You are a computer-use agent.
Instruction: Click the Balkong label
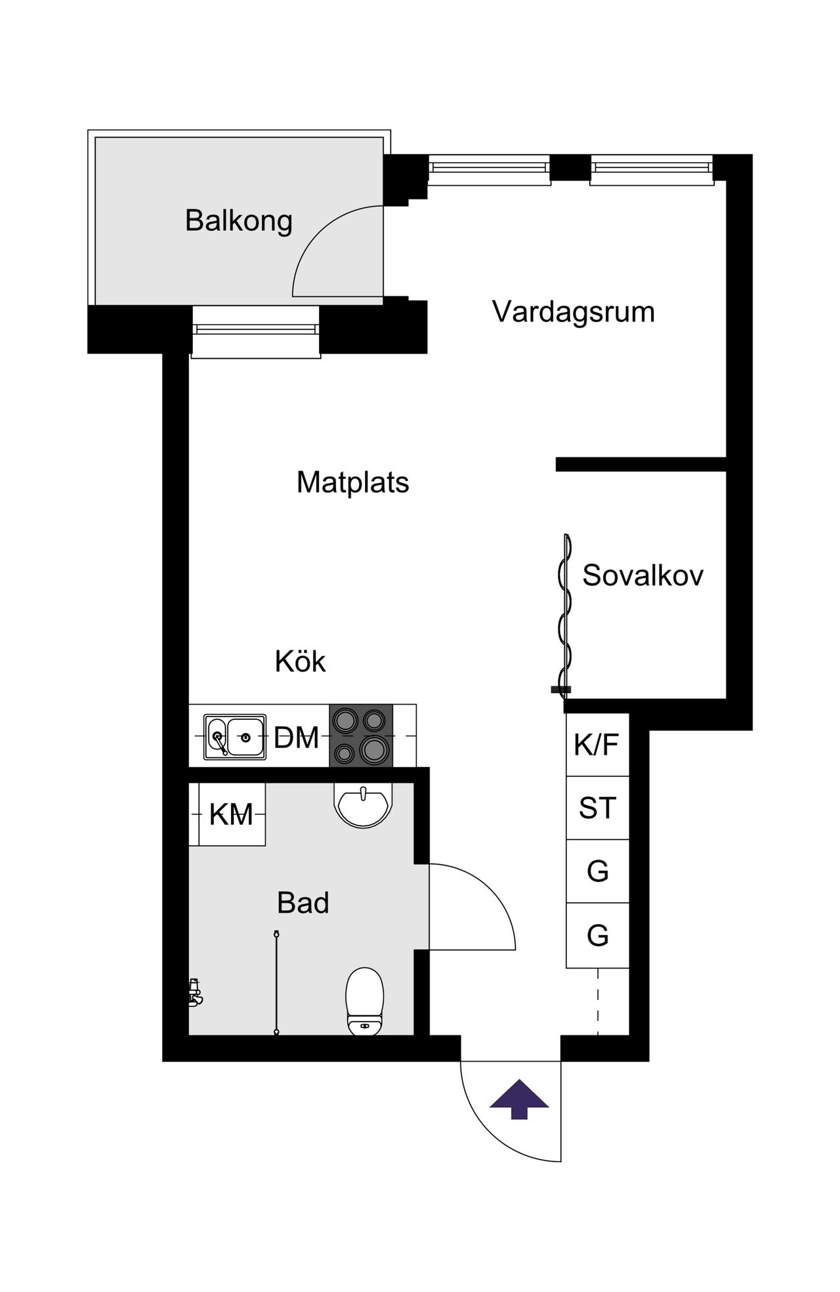tap(238, 221)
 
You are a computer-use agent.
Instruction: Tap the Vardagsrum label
tap(574, 311)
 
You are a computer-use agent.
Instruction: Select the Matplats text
tap(353, 482)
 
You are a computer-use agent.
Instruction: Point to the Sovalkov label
tap(643, 575)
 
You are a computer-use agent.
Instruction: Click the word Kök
tap(301, 661)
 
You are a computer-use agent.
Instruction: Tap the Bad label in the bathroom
tap(303, 903)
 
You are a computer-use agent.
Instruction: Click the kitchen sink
tap(235, 737)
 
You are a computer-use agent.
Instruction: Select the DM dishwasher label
tap(297, 738)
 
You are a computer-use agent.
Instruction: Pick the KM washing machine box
tap(232, 814)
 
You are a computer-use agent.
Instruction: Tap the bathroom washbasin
tap(364, 804)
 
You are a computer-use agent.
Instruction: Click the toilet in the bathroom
tap(365, 1001)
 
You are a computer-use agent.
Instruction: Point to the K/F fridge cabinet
tap(597, 745)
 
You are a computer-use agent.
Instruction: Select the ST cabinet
tap(597, 808)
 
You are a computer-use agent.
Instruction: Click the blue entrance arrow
tap(519, 1098)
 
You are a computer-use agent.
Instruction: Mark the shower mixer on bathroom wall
tap(194, 993)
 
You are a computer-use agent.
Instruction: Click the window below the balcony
tap(256, 331)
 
